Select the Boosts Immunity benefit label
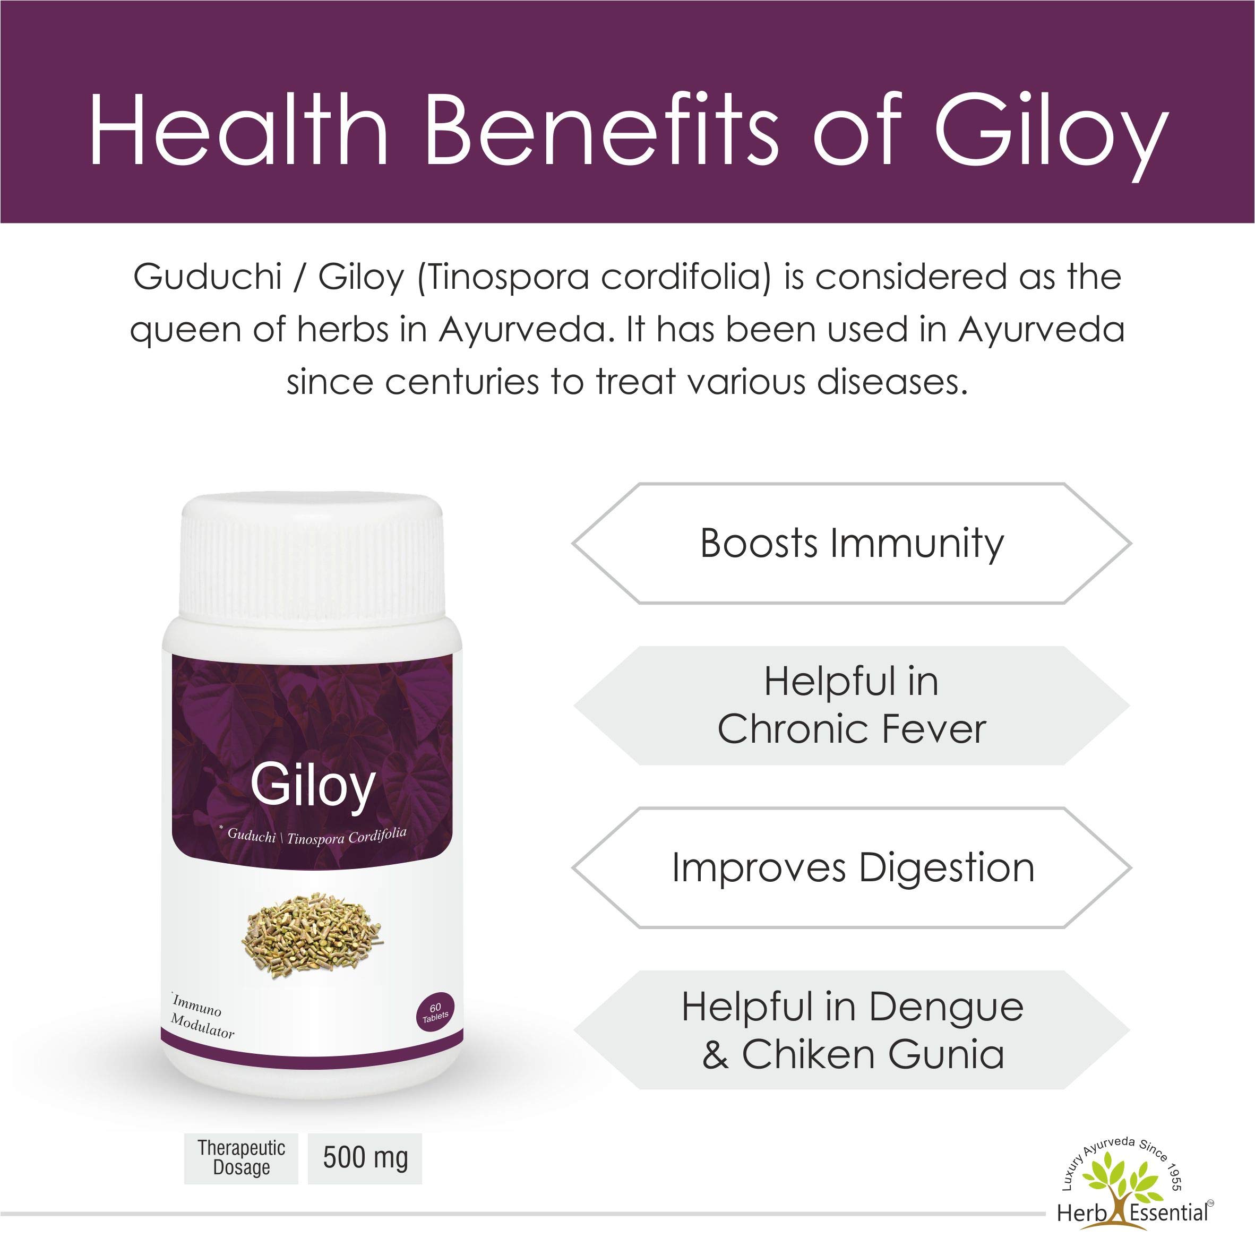(851, 544)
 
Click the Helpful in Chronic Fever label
(851, 706)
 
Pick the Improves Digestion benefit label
(852, 868)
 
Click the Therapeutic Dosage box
(241, 1158)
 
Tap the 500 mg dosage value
(365, 1158)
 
